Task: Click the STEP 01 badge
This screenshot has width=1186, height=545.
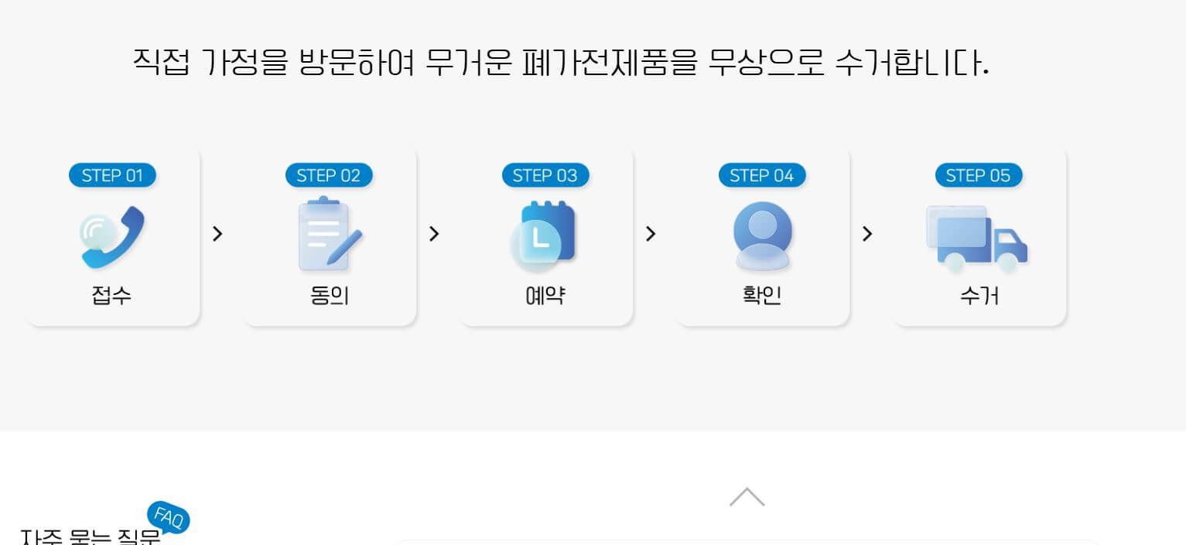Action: [x=112, y=176]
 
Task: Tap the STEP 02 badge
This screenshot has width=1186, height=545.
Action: [x=329, y=176]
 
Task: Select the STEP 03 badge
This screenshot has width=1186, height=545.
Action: [x=545, y=176]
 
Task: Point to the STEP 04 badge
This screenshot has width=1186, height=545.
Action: [x=762, y=176]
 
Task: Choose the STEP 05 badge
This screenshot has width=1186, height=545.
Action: [x=979, y=176]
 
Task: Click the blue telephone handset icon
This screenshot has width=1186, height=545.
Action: [x=112, y=236]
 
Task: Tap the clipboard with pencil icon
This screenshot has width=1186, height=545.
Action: [x=329, y=235]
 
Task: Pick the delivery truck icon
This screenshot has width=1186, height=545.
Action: [x=976, y=238]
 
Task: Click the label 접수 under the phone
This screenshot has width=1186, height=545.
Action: [x=112, y=295]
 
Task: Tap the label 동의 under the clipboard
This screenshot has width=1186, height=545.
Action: [x=329, y=295]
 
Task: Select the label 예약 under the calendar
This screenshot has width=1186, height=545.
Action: [x=545, y=295]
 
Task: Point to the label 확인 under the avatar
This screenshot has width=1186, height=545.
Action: [x=762, y=295]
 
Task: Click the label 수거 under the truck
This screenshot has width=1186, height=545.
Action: [x=979, y=295]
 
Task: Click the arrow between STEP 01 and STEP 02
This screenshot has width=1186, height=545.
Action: [x=217, y=234]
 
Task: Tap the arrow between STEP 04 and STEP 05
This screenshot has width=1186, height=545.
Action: [x=867, y=234]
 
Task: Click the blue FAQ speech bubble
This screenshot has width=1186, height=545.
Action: [x=169, y=517]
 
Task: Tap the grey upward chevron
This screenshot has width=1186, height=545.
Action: [x=747, y=497]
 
